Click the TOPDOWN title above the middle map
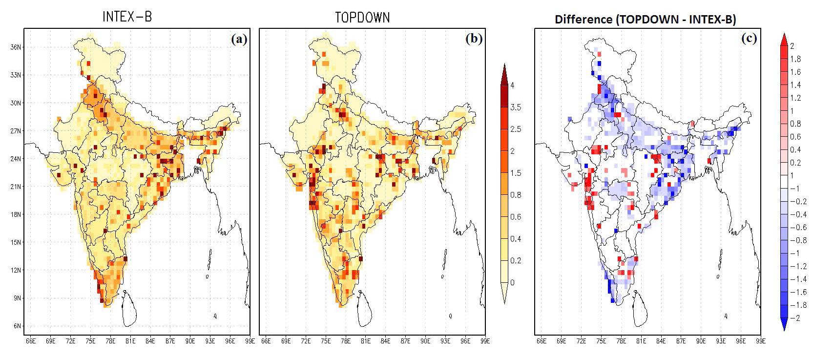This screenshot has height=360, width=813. pos(362,17)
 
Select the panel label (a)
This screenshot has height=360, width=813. pos(239,39)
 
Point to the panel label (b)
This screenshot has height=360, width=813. pos(474,39)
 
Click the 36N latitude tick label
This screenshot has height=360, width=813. pos(15,47)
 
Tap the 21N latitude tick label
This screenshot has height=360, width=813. pos(15,187)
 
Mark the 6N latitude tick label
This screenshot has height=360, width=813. pos(16,326)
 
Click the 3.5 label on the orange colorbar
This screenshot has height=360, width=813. pos(515,107)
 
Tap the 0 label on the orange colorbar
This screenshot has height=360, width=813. pos(512,282)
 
